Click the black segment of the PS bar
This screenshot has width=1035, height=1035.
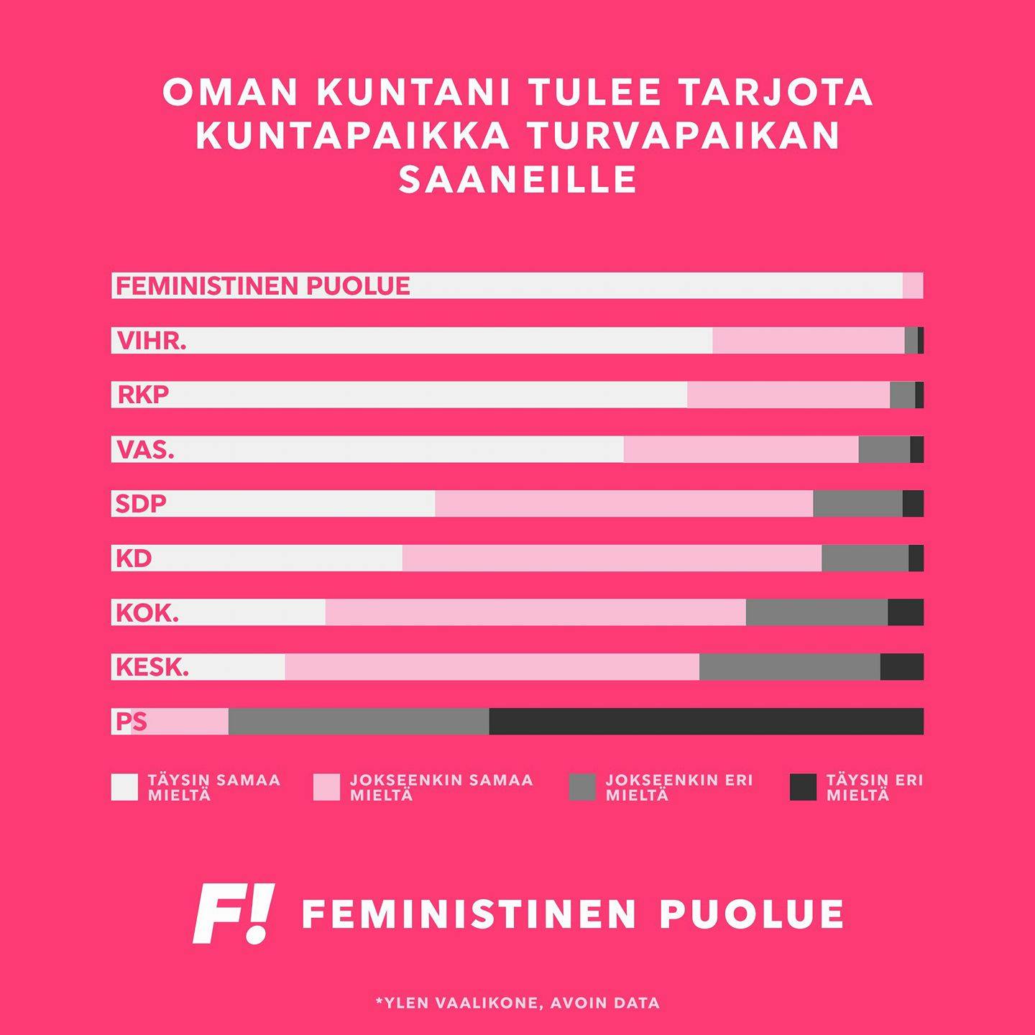tap(706, 721)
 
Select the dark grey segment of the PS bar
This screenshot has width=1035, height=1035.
tap(359, 721)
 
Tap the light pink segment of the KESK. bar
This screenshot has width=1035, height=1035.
tap(492, 667)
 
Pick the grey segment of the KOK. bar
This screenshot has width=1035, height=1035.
tap(816, 612)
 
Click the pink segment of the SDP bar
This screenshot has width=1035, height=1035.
tap(624, 503)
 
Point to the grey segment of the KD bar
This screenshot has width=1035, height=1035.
tap(865, 558)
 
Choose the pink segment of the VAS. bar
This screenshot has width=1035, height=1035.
tap(741, 449)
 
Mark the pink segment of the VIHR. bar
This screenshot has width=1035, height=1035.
tap(809, 340)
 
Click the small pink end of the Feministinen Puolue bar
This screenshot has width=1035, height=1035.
tap(913, 285)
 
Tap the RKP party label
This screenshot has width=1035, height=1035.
tap(143, 395)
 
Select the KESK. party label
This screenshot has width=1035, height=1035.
tap(152, 667)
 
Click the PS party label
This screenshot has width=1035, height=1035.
tap(131, 721)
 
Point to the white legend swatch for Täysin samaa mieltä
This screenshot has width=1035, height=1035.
tap(124, 787)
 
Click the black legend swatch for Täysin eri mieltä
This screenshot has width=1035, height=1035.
tap(803, 787)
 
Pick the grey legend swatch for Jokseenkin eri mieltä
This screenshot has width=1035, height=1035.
tap(582, 787)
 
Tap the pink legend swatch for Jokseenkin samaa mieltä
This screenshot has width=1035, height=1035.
tap(326, 787)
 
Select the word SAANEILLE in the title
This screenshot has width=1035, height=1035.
tap(517, 179)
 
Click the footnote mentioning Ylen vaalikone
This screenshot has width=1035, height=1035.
tap(517, 1003)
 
